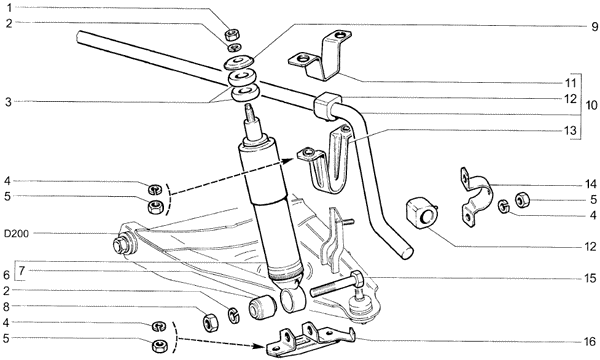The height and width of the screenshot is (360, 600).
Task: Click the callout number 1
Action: pyautogui.click(x=9, y=7)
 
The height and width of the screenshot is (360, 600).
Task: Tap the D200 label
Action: pyautogui.click(x=16, y=234)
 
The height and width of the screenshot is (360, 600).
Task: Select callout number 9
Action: pyautogui.click(x=594, y=27)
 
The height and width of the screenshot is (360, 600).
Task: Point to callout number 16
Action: pyautogui.click(x=590, y=342)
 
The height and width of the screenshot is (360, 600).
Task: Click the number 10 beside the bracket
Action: pyautogui.click(x=591, y=105)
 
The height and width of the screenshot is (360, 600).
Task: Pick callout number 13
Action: pyautogui.click(x=570, y=131)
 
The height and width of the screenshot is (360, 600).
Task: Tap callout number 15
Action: pyautogui.click(x=590, y=279)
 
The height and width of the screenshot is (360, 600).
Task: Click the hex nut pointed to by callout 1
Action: pyautogui.click(x=232, y=35)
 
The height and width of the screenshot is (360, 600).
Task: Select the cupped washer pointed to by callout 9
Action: pyautogui.click(x=239, y=62)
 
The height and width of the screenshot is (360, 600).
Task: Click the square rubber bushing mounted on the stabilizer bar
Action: pyautogui.click(x=326, y=105)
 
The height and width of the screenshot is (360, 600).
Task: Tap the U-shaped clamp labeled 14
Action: pyautogui.click(x=475, y=197)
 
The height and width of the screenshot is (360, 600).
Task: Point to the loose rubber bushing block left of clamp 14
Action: pyautogui.click(x=421, y=213)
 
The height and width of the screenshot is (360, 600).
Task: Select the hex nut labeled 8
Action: pyautogui.click(x=210, y=323)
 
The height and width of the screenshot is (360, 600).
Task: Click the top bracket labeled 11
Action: pyautogui.click(x=320, y=56)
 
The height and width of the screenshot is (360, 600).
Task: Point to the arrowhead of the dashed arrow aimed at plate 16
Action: pyautogui.click(x=261, y=347)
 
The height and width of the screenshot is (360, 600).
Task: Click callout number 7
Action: pyautogui.click(x=21, y=271)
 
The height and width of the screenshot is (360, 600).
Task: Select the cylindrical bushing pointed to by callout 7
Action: pyautogui.click(x=262, y=306)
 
